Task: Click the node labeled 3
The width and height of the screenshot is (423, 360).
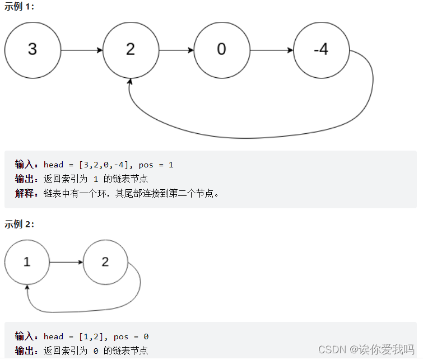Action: pos(32,49)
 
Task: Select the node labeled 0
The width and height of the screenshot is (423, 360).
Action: pos(222,49)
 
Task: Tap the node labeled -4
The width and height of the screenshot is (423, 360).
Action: pos(321,49)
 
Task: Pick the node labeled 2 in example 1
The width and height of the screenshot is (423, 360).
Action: pos(131,49)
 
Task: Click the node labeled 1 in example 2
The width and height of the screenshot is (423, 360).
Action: pos(27,261)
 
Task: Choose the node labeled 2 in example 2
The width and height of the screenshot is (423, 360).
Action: pos(105,261)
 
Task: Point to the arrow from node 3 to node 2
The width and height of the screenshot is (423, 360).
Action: pos(81,50)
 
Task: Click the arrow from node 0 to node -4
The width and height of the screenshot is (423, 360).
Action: pos(272,50)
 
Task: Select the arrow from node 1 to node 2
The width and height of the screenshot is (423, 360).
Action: pos(66,261)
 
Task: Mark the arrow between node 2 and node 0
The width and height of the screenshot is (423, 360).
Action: pos(176,50)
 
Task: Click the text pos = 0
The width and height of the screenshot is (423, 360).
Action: pos(131,336)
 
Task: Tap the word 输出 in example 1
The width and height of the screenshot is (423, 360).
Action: pos(25,179)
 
